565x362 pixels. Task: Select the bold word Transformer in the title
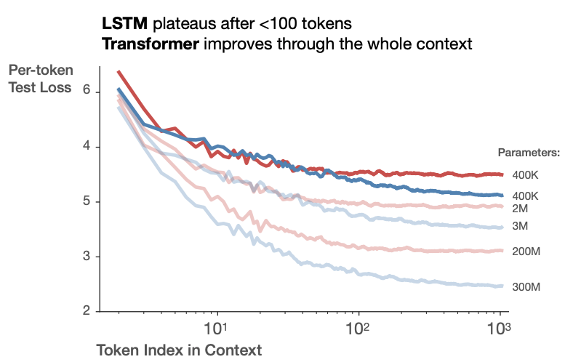point(150,44)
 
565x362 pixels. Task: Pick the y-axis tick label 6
point(87,92)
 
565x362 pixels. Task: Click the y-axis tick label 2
point(87,311)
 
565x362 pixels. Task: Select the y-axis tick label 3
point(87,257)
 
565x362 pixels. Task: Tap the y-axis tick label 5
point(87,201)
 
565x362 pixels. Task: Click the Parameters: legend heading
point(528,153)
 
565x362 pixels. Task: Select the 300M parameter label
point(526,287)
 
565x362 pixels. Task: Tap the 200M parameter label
point(526,251)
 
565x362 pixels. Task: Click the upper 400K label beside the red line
point(525,175)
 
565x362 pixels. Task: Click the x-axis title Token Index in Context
point(179,350)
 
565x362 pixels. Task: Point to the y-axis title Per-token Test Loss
point(40,79)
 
